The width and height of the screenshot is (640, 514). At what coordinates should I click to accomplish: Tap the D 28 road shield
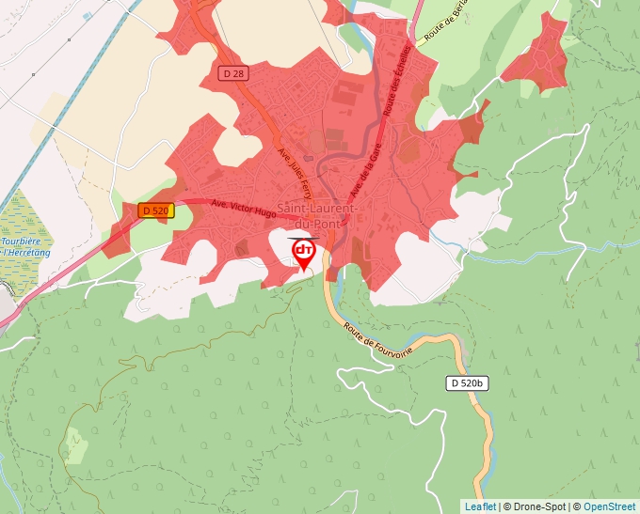pos(235,73)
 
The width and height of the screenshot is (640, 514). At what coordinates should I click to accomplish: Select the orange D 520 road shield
pos(155,210)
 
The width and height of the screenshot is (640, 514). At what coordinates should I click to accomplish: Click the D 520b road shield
pos(465,383)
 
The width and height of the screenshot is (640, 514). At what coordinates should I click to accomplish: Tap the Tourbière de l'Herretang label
pos(14,246)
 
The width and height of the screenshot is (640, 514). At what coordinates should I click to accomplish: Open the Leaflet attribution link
pos(480,506)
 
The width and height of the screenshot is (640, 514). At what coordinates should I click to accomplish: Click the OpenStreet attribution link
pos(610,506)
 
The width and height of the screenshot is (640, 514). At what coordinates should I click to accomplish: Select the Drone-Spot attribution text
pos(538,506)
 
